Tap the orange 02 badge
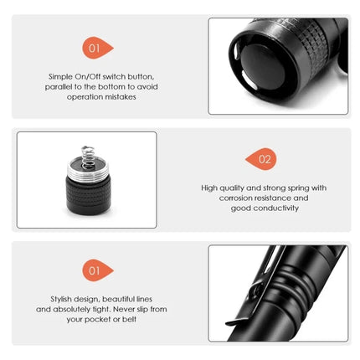pos(261,158)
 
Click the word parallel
pos(62,86)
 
